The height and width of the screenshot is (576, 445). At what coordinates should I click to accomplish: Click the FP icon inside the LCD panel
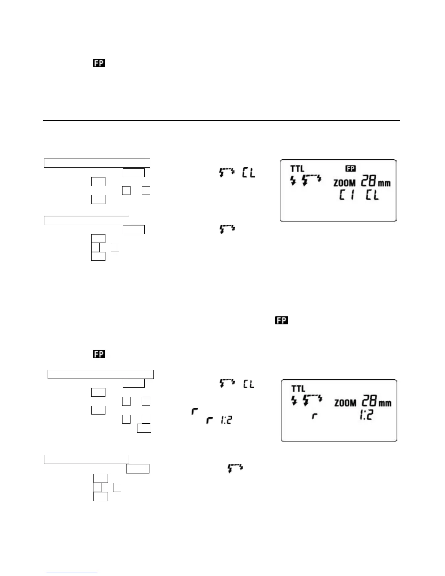(351, 168)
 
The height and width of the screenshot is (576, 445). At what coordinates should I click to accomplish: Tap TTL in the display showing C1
(297, 169)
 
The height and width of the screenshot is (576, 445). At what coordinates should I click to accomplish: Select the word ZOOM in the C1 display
(344, 183)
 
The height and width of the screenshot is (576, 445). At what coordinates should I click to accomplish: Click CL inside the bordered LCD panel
(372, 196)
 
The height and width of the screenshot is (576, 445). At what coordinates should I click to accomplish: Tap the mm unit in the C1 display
(384, 183)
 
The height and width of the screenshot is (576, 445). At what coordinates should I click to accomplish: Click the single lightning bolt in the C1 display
(293, 180)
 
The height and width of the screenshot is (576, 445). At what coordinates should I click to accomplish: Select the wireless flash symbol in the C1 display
(312, 179)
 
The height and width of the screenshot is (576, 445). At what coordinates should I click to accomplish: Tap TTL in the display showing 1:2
(298, 389)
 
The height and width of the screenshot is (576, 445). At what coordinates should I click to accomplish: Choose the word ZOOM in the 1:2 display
(345, 403)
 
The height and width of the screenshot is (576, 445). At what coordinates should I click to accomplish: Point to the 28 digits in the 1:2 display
(370, 401)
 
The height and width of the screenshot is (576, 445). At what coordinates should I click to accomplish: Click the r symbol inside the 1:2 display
(315, 416)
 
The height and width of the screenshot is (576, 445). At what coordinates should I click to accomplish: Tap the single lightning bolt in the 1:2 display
(294, 400)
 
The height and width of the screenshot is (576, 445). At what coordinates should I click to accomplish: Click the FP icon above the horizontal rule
(99, 63)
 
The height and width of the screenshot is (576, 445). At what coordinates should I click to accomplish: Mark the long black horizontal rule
(221, 120)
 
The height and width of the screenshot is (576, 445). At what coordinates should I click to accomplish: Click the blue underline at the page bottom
(72, 573)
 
